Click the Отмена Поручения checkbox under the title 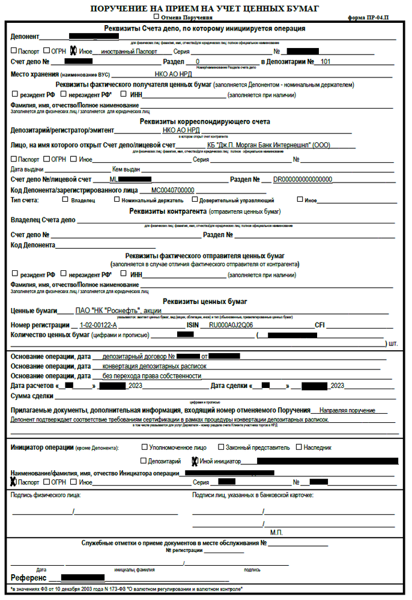[156, 17]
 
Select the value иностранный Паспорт [128, 52]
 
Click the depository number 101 [325, 62]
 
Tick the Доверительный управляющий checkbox [195, 200]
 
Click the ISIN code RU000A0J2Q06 [230, 325]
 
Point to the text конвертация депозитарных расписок [155, 366]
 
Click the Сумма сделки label [32, 396]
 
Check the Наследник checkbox [298, 447]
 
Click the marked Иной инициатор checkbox [195, 461]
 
